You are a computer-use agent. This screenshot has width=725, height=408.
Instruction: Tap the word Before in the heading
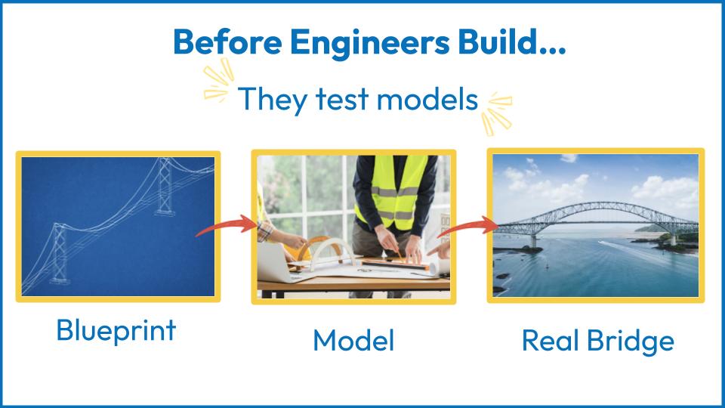[227, 42]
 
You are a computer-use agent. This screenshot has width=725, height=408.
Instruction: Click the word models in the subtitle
[427, 99]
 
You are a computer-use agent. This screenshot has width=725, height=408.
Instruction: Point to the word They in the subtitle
[273, 100]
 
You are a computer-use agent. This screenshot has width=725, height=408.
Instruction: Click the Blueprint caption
[116, 331]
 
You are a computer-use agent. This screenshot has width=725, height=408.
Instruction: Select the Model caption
[353, 341]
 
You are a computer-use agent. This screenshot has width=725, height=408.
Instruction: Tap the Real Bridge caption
[598, 342]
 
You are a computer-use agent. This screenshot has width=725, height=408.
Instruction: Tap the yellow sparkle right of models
[497, 113]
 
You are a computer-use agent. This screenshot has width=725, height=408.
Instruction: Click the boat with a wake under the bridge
[601, 242]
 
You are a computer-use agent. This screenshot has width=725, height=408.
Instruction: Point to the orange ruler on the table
[395, 264]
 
